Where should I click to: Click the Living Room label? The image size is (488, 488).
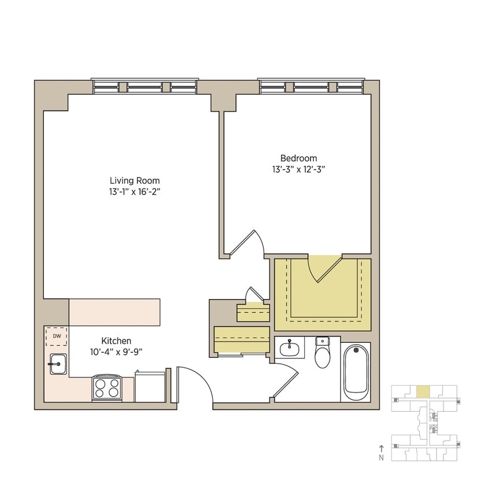pos(135,180)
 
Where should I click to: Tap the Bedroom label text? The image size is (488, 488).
pos(299,158)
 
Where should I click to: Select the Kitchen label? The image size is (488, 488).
pos(116,341)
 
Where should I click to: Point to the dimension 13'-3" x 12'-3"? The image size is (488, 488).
pos(299,169)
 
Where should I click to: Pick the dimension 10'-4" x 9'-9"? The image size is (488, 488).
pos(116,351)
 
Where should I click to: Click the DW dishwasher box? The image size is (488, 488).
pos(57,336)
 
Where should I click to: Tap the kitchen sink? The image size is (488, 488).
pos(58,364)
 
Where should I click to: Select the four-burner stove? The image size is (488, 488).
pos(107,387)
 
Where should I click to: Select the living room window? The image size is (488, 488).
pos(146,87)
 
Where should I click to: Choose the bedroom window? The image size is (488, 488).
pos(312,87)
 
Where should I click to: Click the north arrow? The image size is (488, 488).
pos(381,448)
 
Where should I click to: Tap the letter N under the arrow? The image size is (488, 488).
pos(381,457)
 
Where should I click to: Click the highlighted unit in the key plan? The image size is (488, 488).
pos(423,391)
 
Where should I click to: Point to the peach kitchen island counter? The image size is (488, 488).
pos(114,312)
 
